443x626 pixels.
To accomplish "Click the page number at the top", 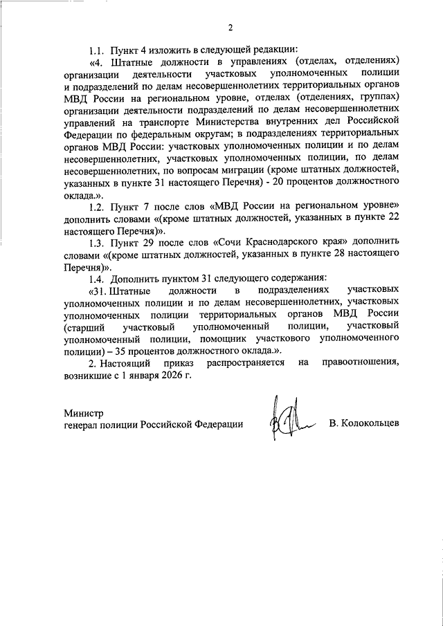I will (x=230, y=27).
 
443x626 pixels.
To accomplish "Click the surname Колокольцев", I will (x=364, y=423).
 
